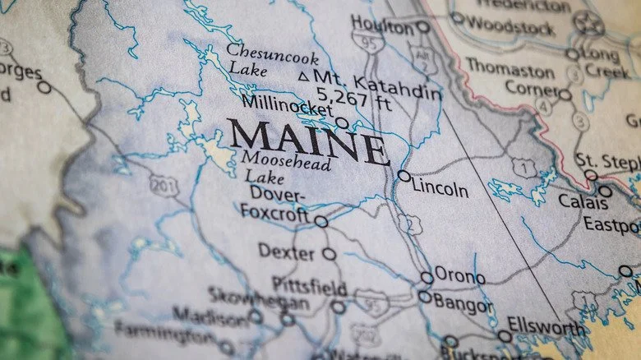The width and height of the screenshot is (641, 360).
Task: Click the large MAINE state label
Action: (x=307, y=141)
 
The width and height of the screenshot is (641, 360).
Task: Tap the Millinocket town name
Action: (x=287, y=104)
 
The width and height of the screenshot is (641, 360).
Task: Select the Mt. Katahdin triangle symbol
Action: (x=303, y=76)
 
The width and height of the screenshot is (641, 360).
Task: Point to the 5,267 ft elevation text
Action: (x=344, y=93)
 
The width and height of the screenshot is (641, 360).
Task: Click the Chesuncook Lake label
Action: (x=260, y=59)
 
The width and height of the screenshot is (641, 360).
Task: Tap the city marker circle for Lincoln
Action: (x=404, y=176)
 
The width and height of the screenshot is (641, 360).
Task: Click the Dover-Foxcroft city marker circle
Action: (x=320, y=222)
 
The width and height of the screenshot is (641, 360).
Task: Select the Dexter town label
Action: (x=286, y=251)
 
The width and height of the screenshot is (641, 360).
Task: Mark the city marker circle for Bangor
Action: (x=424, y=297)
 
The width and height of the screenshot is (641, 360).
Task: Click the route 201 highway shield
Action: (x=164, y=186)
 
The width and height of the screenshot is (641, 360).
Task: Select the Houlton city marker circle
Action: (x=422, y=27)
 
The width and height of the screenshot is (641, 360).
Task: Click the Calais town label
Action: (x=583, y=201)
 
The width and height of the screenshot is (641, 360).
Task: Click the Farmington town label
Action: (x=165, y=332)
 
